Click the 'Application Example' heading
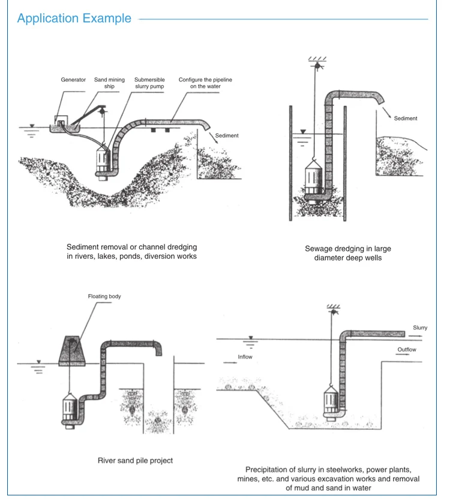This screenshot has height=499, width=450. [x=74, y=18]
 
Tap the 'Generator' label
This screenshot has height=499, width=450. [x=73, y=79]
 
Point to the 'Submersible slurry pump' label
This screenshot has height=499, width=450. [x=149, y=83]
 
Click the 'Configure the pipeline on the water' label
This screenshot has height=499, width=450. [x=205, y=83]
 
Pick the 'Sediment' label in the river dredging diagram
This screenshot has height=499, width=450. [x=226, y=136]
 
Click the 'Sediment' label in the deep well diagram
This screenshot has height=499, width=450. [x=405, y=119]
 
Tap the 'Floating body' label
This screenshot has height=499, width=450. [x=104, y=297]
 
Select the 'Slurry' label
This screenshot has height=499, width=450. [x=420, y=328]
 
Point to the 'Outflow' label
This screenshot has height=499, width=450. [x=406, y=349]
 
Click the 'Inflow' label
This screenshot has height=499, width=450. [x=245, y=357]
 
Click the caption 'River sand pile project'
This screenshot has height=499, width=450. [x=135, y=461]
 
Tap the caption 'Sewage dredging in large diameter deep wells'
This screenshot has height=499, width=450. [x=339, y=253]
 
